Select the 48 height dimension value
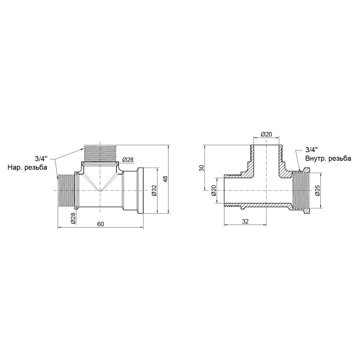[x=165, y=179]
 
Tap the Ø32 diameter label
[x=153, y=191]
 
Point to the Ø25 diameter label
[x=318, y=191]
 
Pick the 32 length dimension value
[x=246, y=221]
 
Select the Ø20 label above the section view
[x=266, y=134]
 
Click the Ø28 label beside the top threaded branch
[x=128, y=160]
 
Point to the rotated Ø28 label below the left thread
[x=72, y=218]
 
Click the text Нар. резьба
[x=27, y=167]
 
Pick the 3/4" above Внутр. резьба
[x=311, y=149]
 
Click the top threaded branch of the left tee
[x=100, y=153]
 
